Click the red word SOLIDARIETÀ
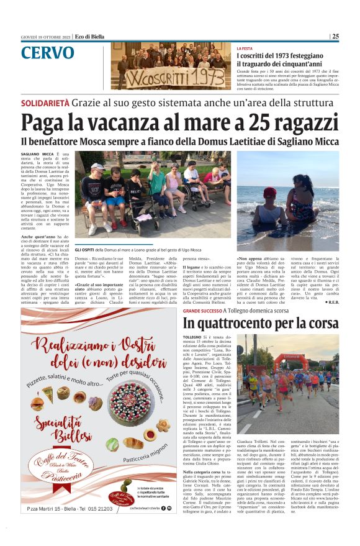pyautogui.click(x=45, y=102)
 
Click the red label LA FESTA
pyautogui.click(x=245, y=48)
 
